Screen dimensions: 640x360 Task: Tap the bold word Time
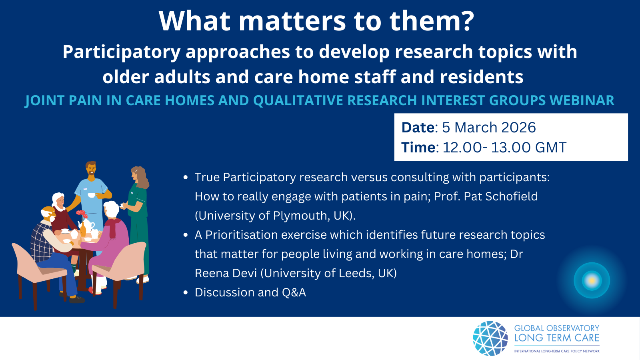[418, 148]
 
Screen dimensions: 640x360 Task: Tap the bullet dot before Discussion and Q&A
[186, 293]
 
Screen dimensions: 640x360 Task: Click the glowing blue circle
[592, 280]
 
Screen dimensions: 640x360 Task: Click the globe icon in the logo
[490, 338]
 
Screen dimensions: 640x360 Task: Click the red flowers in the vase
[81, 214]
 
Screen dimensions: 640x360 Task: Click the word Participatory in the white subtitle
[122, 52]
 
